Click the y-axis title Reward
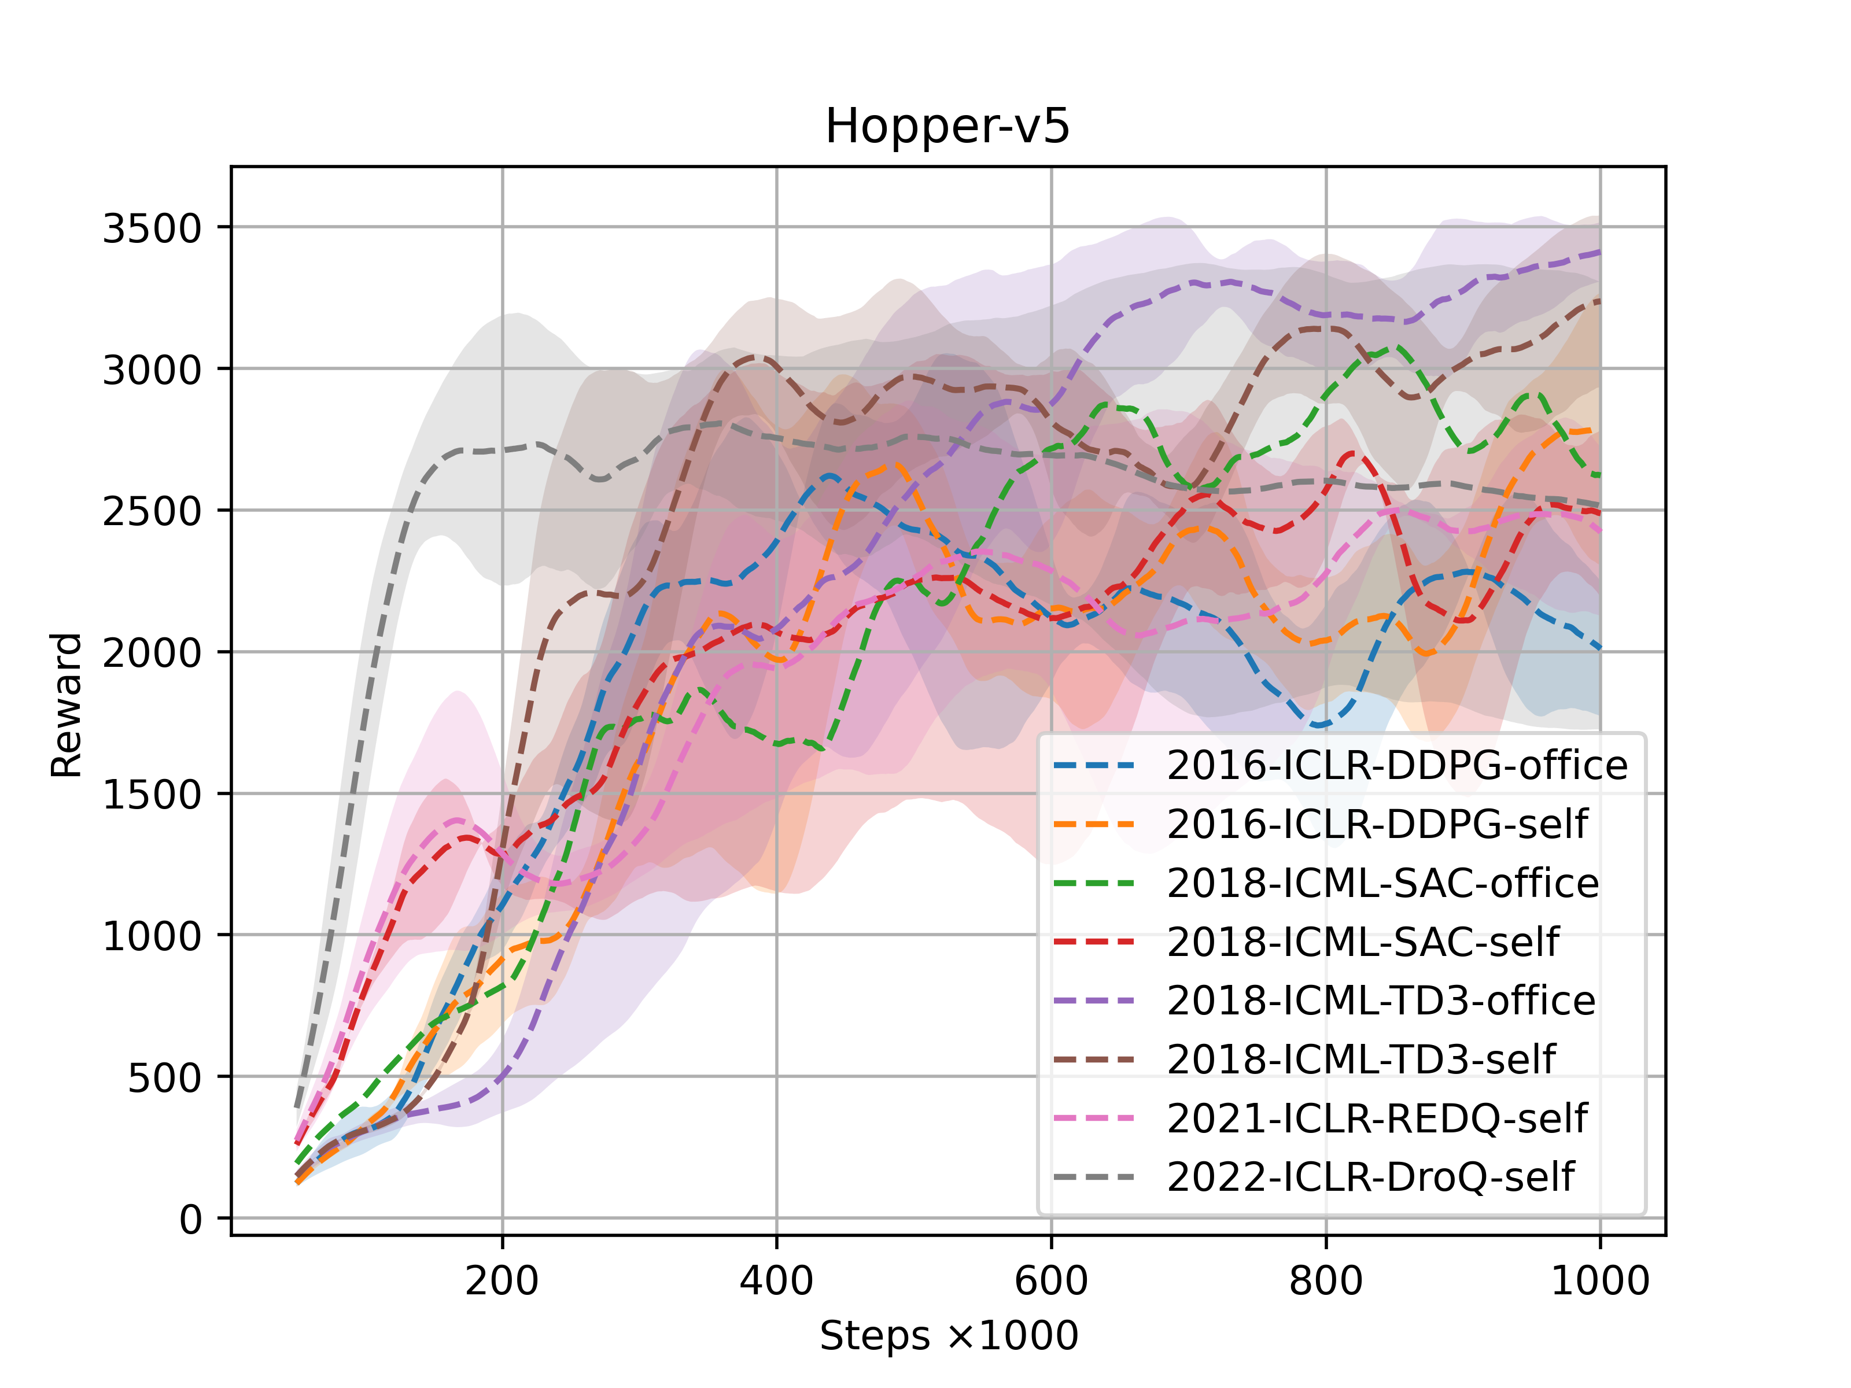tap(66, 706)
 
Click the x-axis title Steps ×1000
tap(948, 1335)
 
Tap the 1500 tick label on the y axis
tap(152, 795)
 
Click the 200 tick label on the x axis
tap(502, 1280)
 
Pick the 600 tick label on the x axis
tap(1050, 1280)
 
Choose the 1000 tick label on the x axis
tap(1599, 1280)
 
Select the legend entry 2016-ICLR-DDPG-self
tap(1377, 824)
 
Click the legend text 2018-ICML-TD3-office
tap(1381, 1001)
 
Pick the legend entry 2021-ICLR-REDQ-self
tap(1377, 1118)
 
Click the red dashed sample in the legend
tap(1094, 942)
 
